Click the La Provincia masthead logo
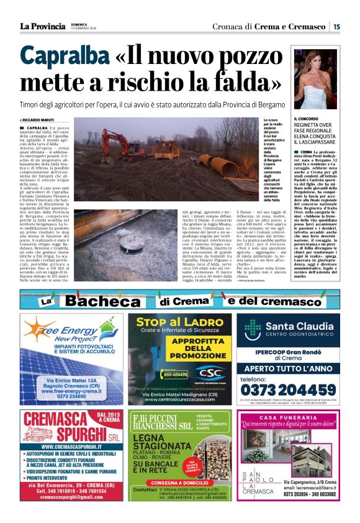(42, 26)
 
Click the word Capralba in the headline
(56, 57)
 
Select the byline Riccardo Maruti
(38, 120)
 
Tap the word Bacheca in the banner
(111, 301)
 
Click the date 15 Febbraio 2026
(84, 29)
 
